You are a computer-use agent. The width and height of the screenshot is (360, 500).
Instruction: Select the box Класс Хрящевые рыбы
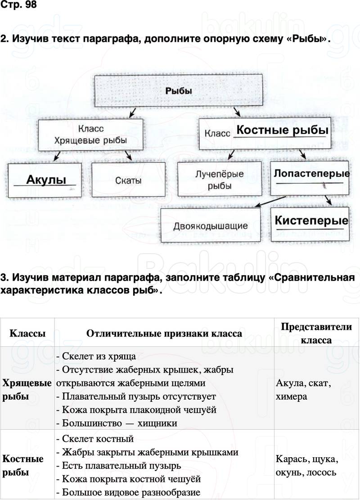90,135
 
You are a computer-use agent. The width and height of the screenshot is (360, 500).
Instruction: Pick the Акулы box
45,180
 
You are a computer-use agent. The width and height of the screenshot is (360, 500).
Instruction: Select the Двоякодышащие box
210,226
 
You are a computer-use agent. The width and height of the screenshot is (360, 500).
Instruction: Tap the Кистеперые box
311,221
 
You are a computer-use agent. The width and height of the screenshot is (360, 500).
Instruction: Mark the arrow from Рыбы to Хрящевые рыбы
132,112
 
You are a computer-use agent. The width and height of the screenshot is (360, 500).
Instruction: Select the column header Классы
27,333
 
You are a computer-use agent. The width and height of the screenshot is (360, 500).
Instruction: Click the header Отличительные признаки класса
164,333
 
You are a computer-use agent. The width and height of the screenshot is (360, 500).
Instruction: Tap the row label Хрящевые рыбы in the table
27,390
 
